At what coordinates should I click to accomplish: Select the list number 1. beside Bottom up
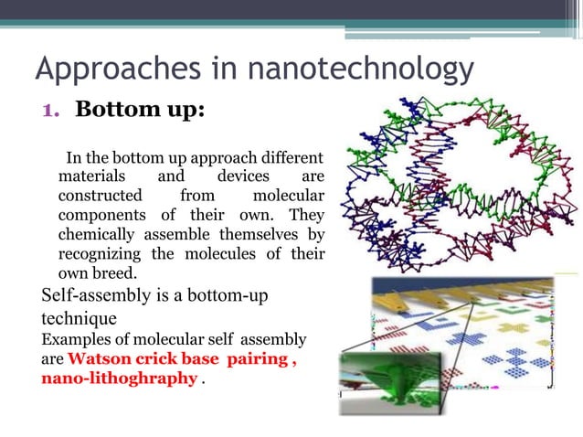[x=52, y=110]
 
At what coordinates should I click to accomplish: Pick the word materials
[x=95, y=176]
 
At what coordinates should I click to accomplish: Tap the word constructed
[x=101, y=195]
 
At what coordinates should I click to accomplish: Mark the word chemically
[x=95, y=234]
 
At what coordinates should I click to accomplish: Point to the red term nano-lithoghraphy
[x=119, y=378]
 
